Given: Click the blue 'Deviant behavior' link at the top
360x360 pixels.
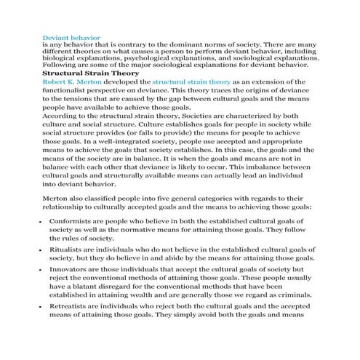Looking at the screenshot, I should click(x=72, y=36).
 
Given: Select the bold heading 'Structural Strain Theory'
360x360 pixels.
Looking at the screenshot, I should click(x=89, y=73).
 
